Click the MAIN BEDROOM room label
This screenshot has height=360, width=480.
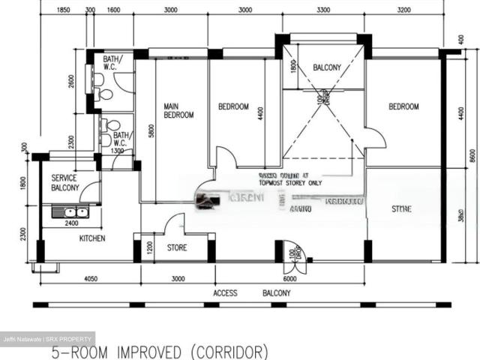click(x=178, y=111)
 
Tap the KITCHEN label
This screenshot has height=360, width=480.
click(x=92, y=238)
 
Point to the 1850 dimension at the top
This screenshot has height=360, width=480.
click(x=63, y=10)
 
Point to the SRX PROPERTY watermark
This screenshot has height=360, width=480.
click(x=72, y=339)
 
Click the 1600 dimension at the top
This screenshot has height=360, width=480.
click(x=113, y=10)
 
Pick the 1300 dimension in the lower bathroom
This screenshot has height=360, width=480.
click(x=117, y=151)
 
